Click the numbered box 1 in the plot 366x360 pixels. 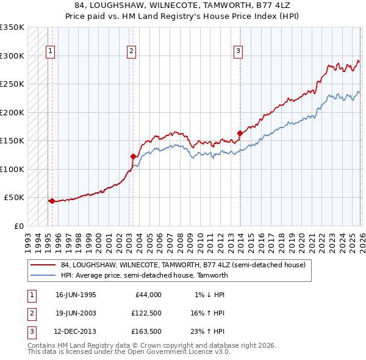tap(49, 51)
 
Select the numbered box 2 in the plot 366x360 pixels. tap(132, 51)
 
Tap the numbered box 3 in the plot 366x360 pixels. tap(238, 51)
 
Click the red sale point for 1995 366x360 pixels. tap(52, 201)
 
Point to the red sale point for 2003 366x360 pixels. tap(133, 156)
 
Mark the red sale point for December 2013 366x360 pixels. tap(240, 133)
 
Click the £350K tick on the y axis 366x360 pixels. tap(12, 27)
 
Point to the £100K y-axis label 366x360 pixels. tap(12, 169)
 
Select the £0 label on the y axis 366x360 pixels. tap(19, 226)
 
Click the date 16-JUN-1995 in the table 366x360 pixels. tap(76, 295)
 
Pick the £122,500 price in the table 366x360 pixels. tap(146, 313)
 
